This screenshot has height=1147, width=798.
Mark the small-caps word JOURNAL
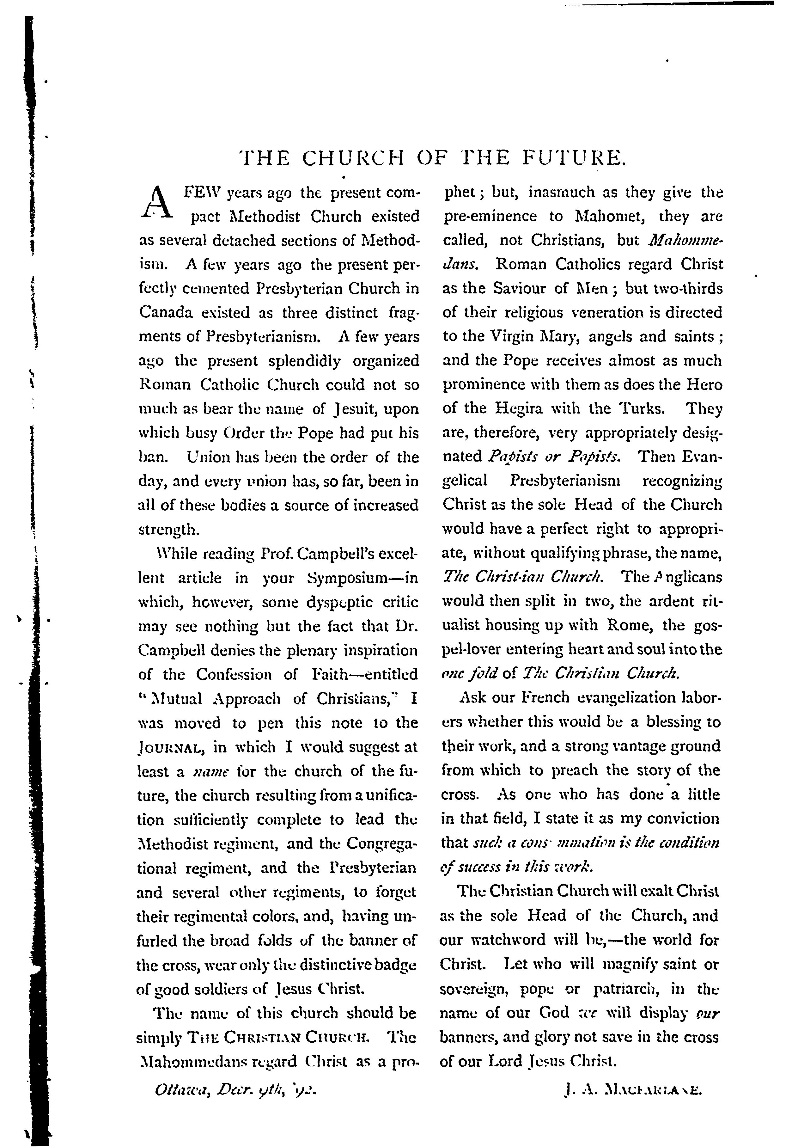170,748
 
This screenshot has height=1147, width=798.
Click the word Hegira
519,409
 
